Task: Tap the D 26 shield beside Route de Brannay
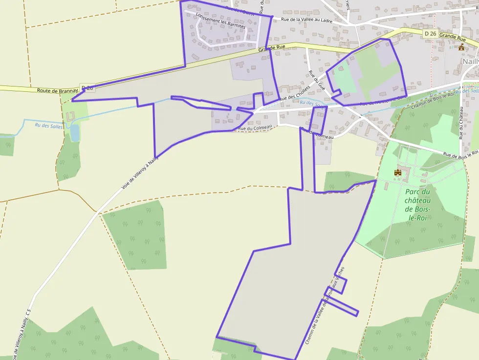tap(87, 88)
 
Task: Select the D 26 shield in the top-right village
tap(430, 33)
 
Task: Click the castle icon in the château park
tap(397, 172)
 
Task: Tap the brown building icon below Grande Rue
tap(461, 47)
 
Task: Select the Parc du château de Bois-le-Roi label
tap(418, 204)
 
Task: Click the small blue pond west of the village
tap(74, 132)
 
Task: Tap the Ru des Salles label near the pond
tap(49, 126)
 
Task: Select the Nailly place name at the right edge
tap(470, 62)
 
